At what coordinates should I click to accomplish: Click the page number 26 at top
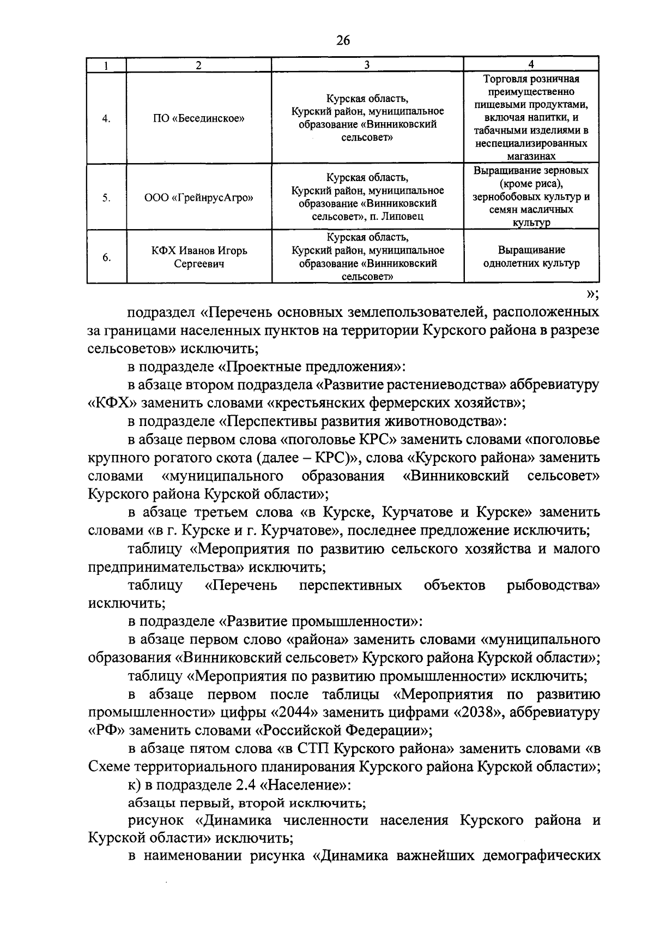[x=343, y=40]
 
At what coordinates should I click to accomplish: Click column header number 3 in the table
[x=367, y=65]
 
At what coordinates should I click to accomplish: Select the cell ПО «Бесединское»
[x=198, y=118]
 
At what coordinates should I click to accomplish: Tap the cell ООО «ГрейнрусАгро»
[x=198, y=197]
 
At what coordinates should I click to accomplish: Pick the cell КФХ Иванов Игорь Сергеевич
[x=198, y=257]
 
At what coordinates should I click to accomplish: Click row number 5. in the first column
[x=106, y=198]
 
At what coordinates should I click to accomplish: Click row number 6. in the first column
[x=106, y=257]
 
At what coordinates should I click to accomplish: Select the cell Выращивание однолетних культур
[x=531, y=257]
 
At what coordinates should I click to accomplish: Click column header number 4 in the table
[x=531, y=65]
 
